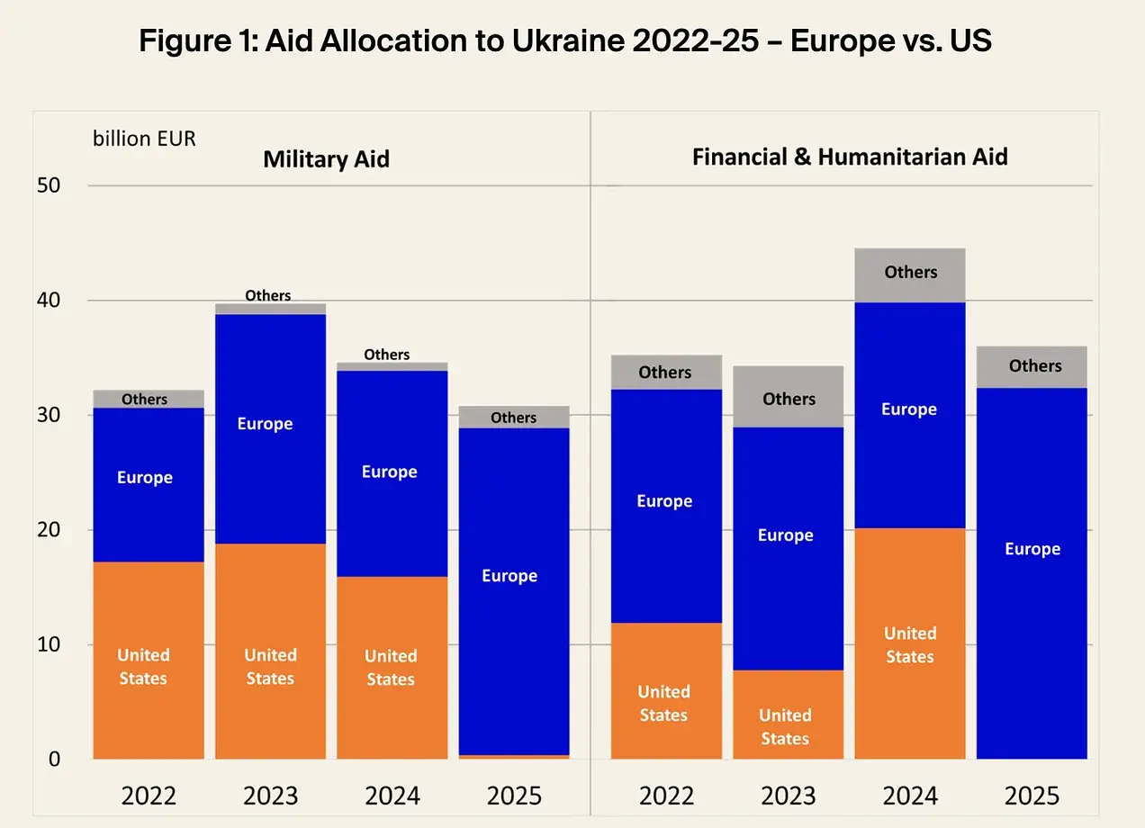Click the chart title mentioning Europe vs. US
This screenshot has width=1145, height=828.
pos(565,41)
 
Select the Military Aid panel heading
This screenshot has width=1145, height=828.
pos(326,160)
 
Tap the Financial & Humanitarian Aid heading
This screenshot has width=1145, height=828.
pos(849,157)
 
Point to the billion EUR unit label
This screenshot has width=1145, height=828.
pos(144,139)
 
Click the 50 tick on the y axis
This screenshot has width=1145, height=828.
pos(49,186)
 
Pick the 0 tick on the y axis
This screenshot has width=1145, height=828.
pos(54,759)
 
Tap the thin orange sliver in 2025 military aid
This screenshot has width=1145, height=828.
pos(514,756)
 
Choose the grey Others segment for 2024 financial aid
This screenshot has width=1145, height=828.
pos(910,286)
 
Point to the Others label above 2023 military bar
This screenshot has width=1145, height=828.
pos(268,295)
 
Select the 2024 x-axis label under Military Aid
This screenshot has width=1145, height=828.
pos(392,796)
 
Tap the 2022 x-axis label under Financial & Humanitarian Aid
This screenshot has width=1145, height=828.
pos(666,796)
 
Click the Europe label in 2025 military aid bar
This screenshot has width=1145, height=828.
pos(509,576)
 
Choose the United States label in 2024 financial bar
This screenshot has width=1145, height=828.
pos(910,645)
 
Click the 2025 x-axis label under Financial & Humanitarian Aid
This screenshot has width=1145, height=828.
pos(1032,796)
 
